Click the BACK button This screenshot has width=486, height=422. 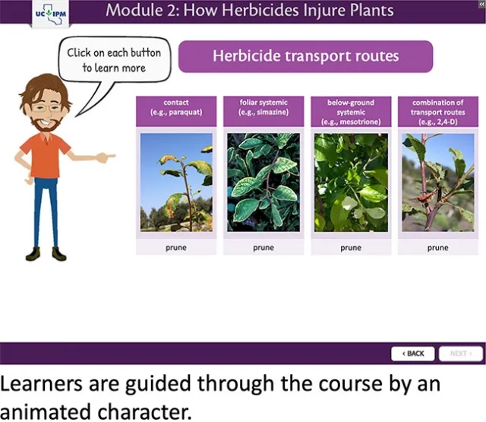[413, 354]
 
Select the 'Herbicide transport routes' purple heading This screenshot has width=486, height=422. [305, 56]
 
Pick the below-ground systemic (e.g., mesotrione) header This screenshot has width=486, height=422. [350, 111]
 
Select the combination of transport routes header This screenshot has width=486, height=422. [437, 111]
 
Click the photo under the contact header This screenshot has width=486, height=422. [176, 182]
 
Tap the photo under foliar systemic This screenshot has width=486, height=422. [264, 182]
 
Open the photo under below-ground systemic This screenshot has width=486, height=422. [350, 182]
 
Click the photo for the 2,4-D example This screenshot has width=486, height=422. [437, 182]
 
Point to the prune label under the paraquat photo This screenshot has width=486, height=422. [176, 247]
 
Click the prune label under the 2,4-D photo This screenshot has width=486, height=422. [437, 247]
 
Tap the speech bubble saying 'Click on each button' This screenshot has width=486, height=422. [113, 60]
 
